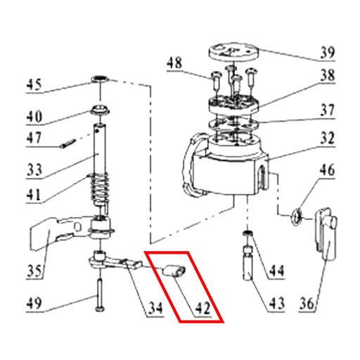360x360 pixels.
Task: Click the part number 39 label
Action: pyautogui.click(x=328, y=53)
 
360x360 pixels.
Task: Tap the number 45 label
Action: pyautogui.click(x=34, y=85)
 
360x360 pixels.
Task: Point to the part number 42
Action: pyautogui.click(x=203, y=309)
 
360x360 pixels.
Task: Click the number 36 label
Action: pyautogui.click(x=307, y=304)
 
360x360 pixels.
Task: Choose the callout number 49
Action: pyautogui.click(x=34, y=303)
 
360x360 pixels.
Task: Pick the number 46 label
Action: pyautogui.click(x=327, y=170)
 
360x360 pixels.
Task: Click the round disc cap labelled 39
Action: pyautogui.click(x=233, y=52)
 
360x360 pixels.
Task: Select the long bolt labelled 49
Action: pyautogui.click(x=99, y=295)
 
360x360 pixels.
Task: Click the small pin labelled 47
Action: pyautogui.click(x=68, y=143)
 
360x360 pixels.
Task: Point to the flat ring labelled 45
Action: pyautogui.click(x=100, y=79)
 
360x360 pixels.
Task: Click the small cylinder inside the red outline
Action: pyautogui.click(x=174, y=271)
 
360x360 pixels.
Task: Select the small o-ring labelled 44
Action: pyautogui.click(x=247, y=233)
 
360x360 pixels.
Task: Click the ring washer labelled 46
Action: pyautogui.click(x=297, y=217)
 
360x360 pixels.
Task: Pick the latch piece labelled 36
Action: pyautogui.click(x=326, y=233)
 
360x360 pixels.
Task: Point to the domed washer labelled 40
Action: pyautogui.click(x=101, y=110)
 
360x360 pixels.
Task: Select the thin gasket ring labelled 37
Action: pyautogui.click(x=233, y=123)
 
